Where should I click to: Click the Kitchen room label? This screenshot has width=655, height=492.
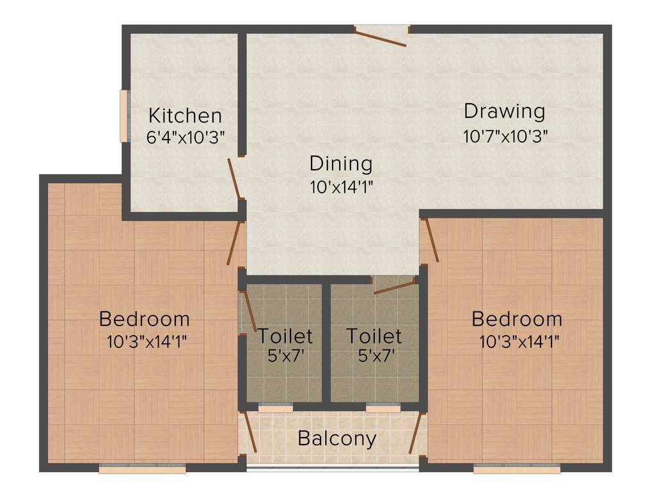coord(185,116)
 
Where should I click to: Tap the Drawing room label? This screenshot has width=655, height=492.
coord(504,111)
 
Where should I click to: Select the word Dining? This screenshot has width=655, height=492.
coord(340,163)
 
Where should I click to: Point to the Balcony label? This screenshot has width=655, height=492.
coord(337,439)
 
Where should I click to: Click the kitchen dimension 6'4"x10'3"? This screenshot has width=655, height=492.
coord(185,136)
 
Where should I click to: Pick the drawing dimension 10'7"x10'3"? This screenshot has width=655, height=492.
coord(505,136)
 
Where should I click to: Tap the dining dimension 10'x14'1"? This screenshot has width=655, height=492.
coord(341,187)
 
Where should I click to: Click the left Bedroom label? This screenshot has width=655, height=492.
coord(145,318)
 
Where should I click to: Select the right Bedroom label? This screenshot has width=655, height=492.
coord(517,318)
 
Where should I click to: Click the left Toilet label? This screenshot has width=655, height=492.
coord(285,335)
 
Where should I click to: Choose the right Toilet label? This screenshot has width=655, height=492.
coord(374,335)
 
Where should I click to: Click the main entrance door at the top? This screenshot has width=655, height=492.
coord(382,37)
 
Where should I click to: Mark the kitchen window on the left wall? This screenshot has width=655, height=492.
coord(123,115)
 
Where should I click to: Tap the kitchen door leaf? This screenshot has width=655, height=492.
coord(234,179)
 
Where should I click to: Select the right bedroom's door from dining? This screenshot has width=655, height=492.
coord(430,240)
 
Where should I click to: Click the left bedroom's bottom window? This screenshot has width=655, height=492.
coord(142,469)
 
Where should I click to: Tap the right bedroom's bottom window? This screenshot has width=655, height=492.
coord(517,469)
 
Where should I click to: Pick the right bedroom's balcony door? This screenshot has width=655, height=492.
coord(416,437)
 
